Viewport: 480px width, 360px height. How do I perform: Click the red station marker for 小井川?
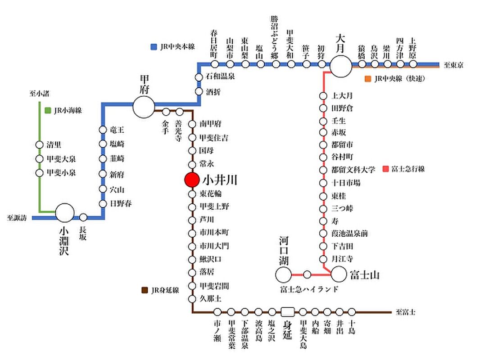tap(191, 180)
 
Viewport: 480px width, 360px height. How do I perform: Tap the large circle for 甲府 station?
tap(144, 107)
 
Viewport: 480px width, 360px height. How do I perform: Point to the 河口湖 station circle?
tap(284, 274)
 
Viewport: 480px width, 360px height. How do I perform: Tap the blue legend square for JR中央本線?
tap(153, 47)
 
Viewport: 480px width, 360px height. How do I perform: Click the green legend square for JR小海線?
tap(48, 110)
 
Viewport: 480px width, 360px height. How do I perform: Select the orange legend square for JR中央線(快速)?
tap(367, 79)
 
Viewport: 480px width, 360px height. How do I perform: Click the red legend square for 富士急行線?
tap(385, 169)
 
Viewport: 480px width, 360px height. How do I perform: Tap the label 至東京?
tap(453, 66)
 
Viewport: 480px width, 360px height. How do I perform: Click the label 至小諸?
tap(39, 94)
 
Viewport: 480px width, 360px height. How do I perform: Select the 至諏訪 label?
tap(17, 218)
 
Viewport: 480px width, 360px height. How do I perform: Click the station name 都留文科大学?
tap(353, 170)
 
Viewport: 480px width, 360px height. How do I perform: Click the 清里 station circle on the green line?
tap(39, 145)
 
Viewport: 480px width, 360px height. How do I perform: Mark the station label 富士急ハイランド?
tap(308, 288)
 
